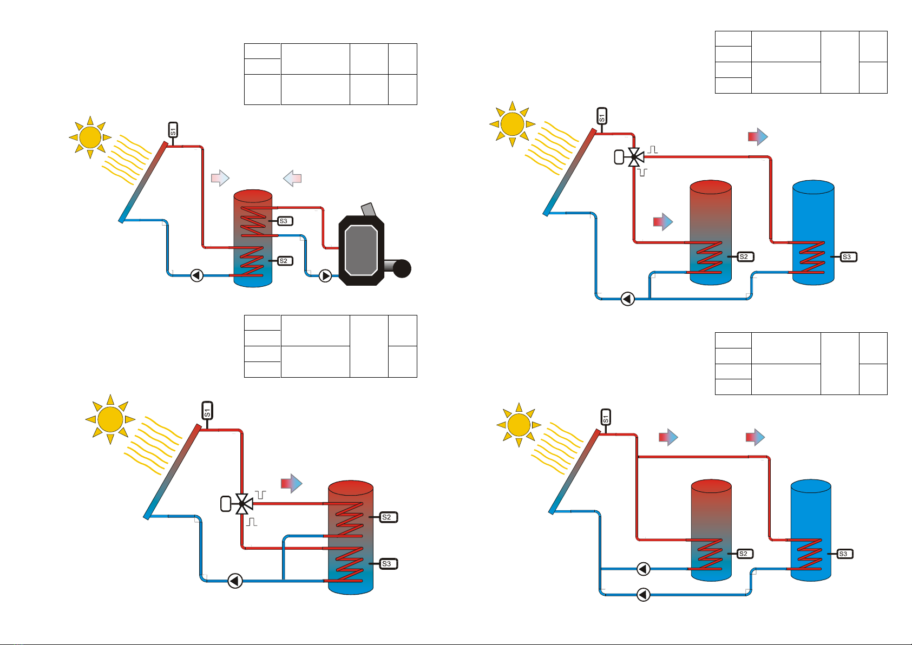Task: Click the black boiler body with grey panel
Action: coord(361,251)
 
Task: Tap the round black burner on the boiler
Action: coord(402,268)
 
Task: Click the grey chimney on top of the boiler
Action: coord(369,209)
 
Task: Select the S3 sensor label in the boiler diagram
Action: coord(285,221)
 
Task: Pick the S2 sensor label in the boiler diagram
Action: coord(285,261)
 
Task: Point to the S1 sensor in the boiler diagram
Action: coord(173,130)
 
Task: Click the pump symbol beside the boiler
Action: coord(325,276)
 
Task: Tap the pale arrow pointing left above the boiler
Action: coord(292,178)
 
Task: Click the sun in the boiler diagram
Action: coord(90,137)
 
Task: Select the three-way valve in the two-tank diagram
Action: coord(634,157)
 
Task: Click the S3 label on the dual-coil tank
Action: coord(389,564)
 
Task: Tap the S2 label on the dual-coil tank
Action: coord(389,517)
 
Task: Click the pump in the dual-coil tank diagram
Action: coord(235,581)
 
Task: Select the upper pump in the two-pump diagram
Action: coord(644,569)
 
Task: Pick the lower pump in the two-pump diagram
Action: coord(644,595)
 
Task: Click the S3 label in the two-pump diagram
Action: coord(844,554)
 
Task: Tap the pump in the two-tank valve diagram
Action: coord(627,299)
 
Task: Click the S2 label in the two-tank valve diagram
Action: coord(745,257)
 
